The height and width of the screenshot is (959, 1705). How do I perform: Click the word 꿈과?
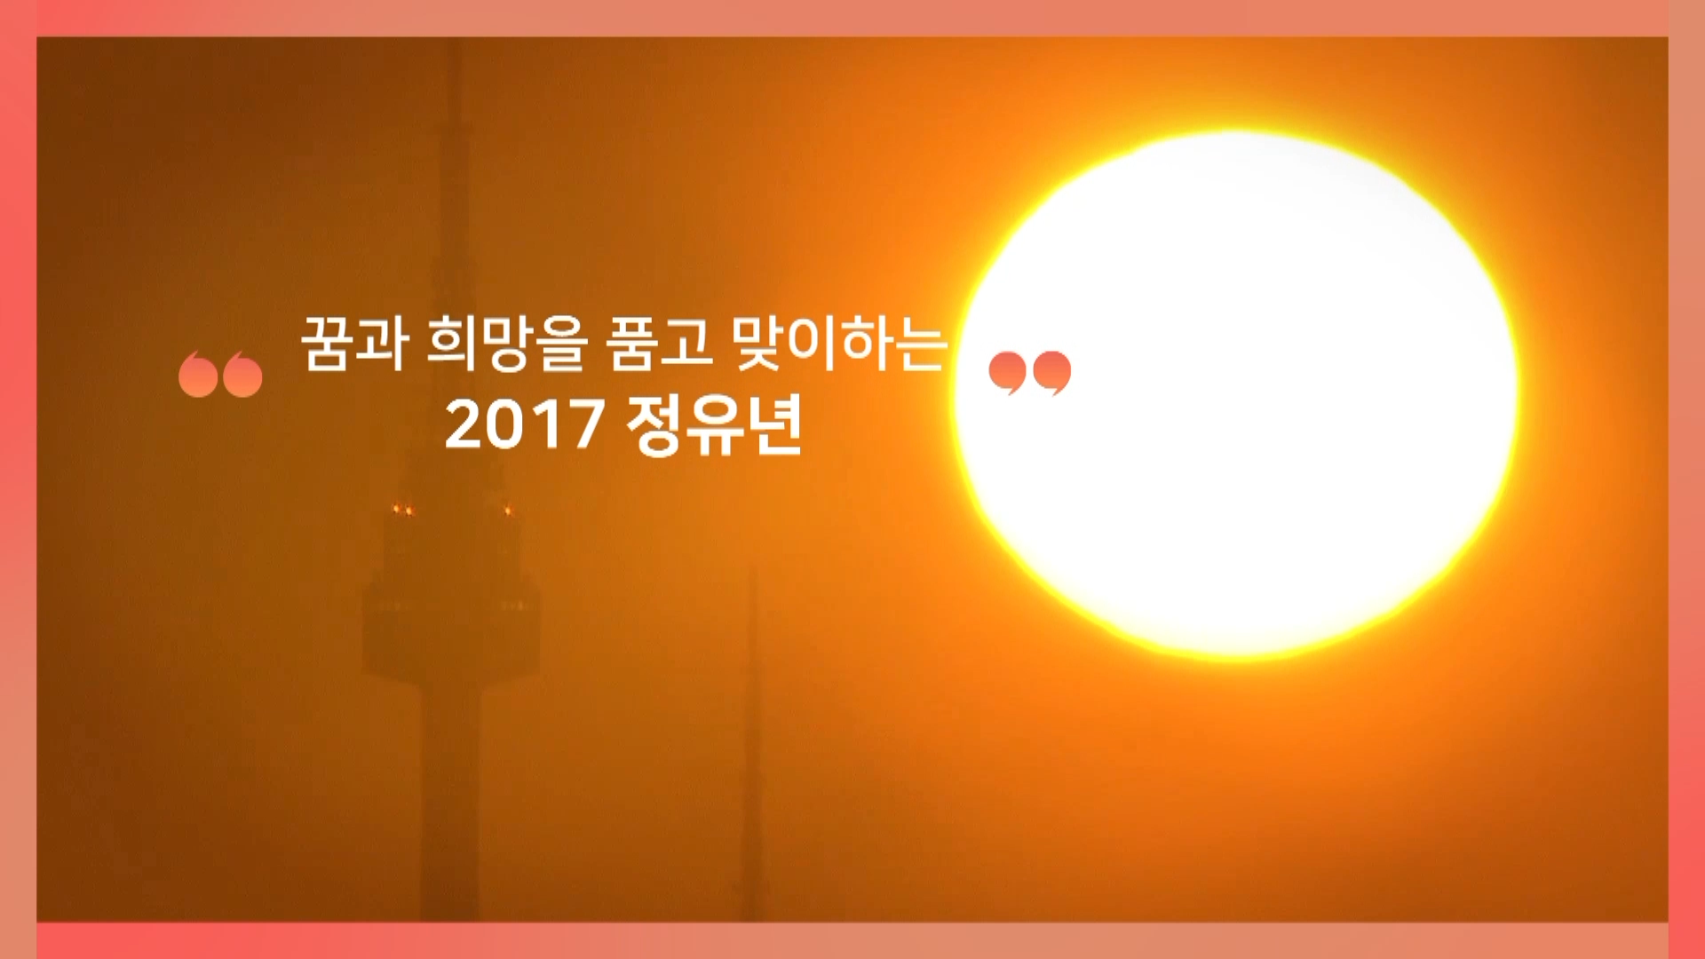tap(354, 343)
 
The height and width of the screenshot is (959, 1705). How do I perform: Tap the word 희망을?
tap(507, 343)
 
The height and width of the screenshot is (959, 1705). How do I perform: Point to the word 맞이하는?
tap(840, 343)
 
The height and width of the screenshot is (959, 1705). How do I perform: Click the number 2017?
tap(524, 424)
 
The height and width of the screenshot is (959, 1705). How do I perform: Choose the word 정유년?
tap(715, 424)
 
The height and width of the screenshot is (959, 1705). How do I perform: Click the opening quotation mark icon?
tap(220, 374)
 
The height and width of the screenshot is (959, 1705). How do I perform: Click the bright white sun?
tap(1236, 394)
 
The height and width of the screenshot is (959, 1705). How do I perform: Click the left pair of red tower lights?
tap(403, 510)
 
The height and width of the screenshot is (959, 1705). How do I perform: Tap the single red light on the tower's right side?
tap(508, 510)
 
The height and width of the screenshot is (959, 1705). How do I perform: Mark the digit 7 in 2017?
tap(586, 424)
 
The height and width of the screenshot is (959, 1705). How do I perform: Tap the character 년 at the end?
tap(776, 425)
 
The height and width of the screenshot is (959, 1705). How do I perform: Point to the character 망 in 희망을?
tap(507, 344)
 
